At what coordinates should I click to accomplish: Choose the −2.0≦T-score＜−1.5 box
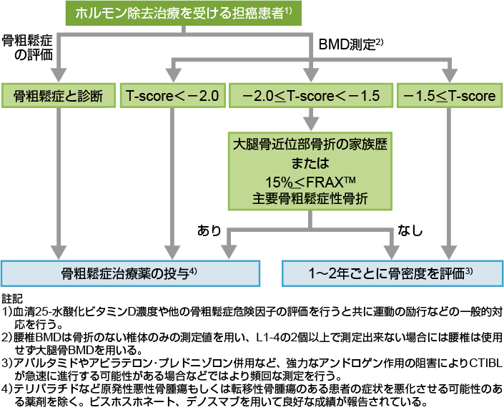[x=310, y=96]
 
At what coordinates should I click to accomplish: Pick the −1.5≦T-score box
[x=449, y=96]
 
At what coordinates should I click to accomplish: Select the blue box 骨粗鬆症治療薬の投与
[x=129, y=272]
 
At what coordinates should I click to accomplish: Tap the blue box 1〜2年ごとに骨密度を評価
[x=390, y=272]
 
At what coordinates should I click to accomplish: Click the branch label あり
[x=209, y=231]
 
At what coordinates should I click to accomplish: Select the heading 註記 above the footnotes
[x=13, y=296]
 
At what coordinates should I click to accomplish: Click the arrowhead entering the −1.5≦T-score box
[x=449, y=79]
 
